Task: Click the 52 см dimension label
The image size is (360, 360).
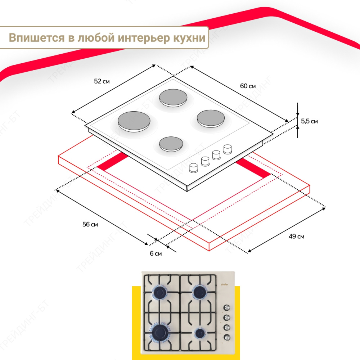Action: click(x=102, y=81)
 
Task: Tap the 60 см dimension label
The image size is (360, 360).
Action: click(x=248, y=86)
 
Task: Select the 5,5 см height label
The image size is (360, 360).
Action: click(x=310, y=121)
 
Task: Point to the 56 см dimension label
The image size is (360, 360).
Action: click(x=90, y=224)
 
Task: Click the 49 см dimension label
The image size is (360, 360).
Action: click(x=296, y=236)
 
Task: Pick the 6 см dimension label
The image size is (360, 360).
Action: click(x=156, y=253)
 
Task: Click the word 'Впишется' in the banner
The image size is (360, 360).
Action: click(x=37, y=38)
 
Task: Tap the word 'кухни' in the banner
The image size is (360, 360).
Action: click(x=189, y=38)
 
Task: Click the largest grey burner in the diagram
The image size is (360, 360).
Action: click(x=134, y=121)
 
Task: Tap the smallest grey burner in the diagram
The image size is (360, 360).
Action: click(x=171, y=144)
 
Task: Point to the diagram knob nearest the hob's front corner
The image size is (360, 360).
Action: click(x=194, y=168)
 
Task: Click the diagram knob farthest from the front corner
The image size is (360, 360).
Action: click(x=227, y=149)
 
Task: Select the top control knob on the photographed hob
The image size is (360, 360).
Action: click(x=227, y=308)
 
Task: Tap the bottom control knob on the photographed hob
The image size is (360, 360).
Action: click(x=227, y=337)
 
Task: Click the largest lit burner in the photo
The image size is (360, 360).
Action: click(x=160, y=332)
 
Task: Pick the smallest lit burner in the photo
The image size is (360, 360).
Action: click(x=200, y=333)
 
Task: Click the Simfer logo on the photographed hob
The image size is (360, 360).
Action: click(x=225, y=285)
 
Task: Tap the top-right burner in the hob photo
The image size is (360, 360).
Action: click(x=199, y=292)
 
